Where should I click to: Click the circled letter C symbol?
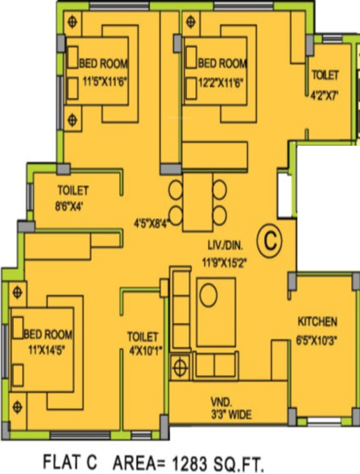269,241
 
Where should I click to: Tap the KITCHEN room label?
317,322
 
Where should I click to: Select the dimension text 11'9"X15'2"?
224,262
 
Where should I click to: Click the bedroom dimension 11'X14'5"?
47,350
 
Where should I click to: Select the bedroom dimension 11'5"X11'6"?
105,82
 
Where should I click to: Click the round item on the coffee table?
209,295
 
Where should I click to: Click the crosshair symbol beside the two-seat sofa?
180,368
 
